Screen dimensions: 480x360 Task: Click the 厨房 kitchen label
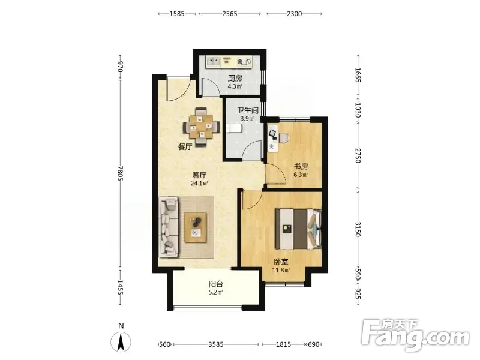click(235, 79)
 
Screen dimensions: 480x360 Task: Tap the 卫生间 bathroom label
click(248, 110)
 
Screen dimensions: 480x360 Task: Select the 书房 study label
click(301, 167)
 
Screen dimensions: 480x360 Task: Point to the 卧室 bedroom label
click(281, 262)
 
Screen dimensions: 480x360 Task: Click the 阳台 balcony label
click(216, 284)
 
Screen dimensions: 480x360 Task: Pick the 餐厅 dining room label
click(185, 146)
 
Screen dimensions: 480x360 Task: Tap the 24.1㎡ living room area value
click(199, 184)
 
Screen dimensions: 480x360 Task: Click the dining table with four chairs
click(202, 127)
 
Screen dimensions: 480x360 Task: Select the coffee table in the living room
click(196, 228)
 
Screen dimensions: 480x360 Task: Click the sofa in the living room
click(169, 227)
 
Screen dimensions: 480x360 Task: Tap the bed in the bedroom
click(298, 229)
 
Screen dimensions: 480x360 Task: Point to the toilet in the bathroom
click(234, 128)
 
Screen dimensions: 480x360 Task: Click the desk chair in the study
click(283, 138)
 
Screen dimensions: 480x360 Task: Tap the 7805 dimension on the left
click(120, 173)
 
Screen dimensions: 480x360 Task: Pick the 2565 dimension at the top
click(230, 14)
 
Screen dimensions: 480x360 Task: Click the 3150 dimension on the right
click(358, 229)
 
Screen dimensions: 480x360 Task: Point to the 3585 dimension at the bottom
click(216, 344)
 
